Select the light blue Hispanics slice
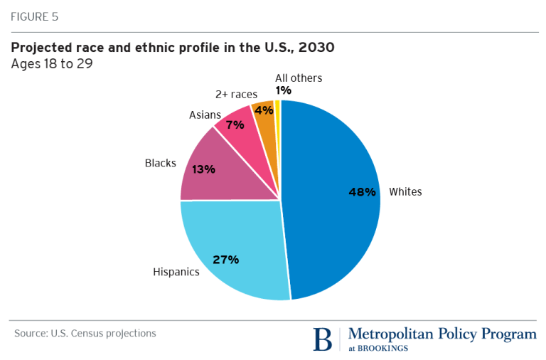click(x=235, y=242)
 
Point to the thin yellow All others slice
click(x=277, y=114)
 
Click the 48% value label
click(x=362, y=191)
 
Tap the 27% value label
click(x=225, y=260)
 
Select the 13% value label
click(x=203, y=169)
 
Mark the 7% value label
click(x=235, y=125)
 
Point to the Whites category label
click(x=405, y=191)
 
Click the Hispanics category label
click(x=176, y=272)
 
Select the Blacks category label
click(x=160, y=163)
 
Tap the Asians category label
click(x=205, y=115)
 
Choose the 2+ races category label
click(x=236, y=94)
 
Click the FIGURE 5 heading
click(x=33, y=17)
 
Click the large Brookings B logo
click(x=323, y=339)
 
